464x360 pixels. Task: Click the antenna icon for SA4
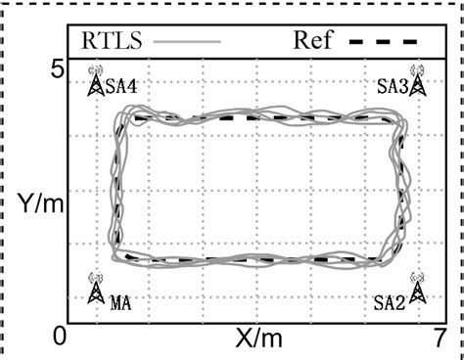coord(96,81)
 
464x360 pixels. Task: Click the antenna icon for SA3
coord(417,81)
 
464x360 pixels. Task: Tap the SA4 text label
coord(120,87)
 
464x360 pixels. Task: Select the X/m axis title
coord(258,337)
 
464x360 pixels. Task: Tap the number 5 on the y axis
coord(58,69)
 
